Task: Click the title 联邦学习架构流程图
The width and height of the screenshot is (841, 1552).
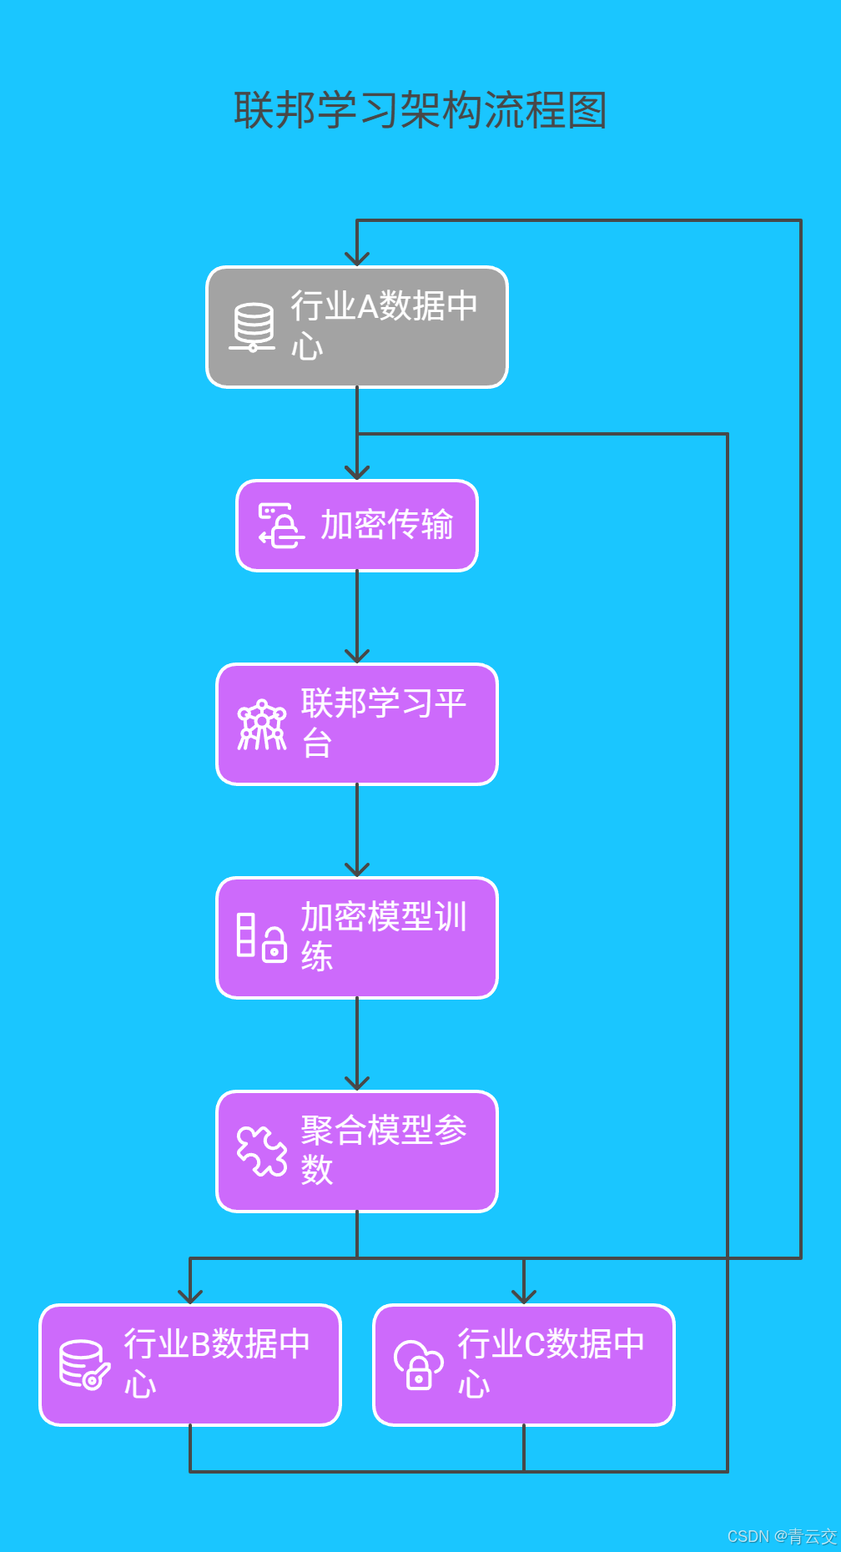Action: [420, 110]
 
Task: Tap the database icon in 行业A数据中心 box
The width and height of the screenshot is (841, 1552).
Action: [253, 327]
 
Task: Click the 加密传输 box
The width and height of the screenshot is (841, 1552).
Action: [357, 526]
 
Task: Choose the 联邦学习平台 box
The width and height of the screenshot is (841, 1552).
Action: [357, 724]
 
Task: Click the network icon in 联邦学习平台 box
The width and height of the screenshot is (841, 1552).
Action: [261, 724]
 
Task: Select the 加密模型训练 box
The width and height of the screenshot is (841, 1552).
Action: [357, 938]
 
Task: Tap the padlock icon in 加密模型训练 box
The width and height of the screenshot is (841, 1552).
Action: [274, 945]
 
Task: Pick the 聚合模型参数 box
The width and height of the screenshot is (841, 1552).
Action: [357, 1151]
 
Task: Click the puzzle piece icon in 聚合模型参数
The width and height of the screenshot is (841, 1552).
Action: [261, 1151]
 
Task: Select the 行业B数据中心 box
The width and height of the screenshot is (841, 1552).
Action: [190, 1365]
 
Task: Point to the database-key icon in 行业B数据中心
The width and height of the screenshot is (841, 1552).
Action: [84, 1365]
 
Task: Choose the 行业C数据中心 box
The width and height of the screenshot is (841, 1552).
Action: [524, 1365]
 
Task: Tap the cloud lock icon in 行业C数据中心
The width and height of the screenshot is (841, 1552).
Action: [418, 1365]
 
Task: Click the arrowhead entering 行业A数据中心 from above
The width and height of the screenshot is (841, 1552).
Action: [357, 259]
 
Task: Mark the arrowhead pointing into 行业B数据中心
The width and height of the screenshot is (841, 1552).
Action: [190, 1297]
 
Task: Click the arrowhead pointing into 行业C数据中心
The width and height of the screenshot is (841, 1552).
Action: [524, 1297]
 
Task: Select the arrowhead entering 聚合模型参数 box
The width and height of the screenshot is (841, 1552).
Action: [357, 1083]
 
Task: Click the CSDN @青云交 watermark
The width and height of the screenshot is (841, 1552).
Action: [781, 1536]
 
